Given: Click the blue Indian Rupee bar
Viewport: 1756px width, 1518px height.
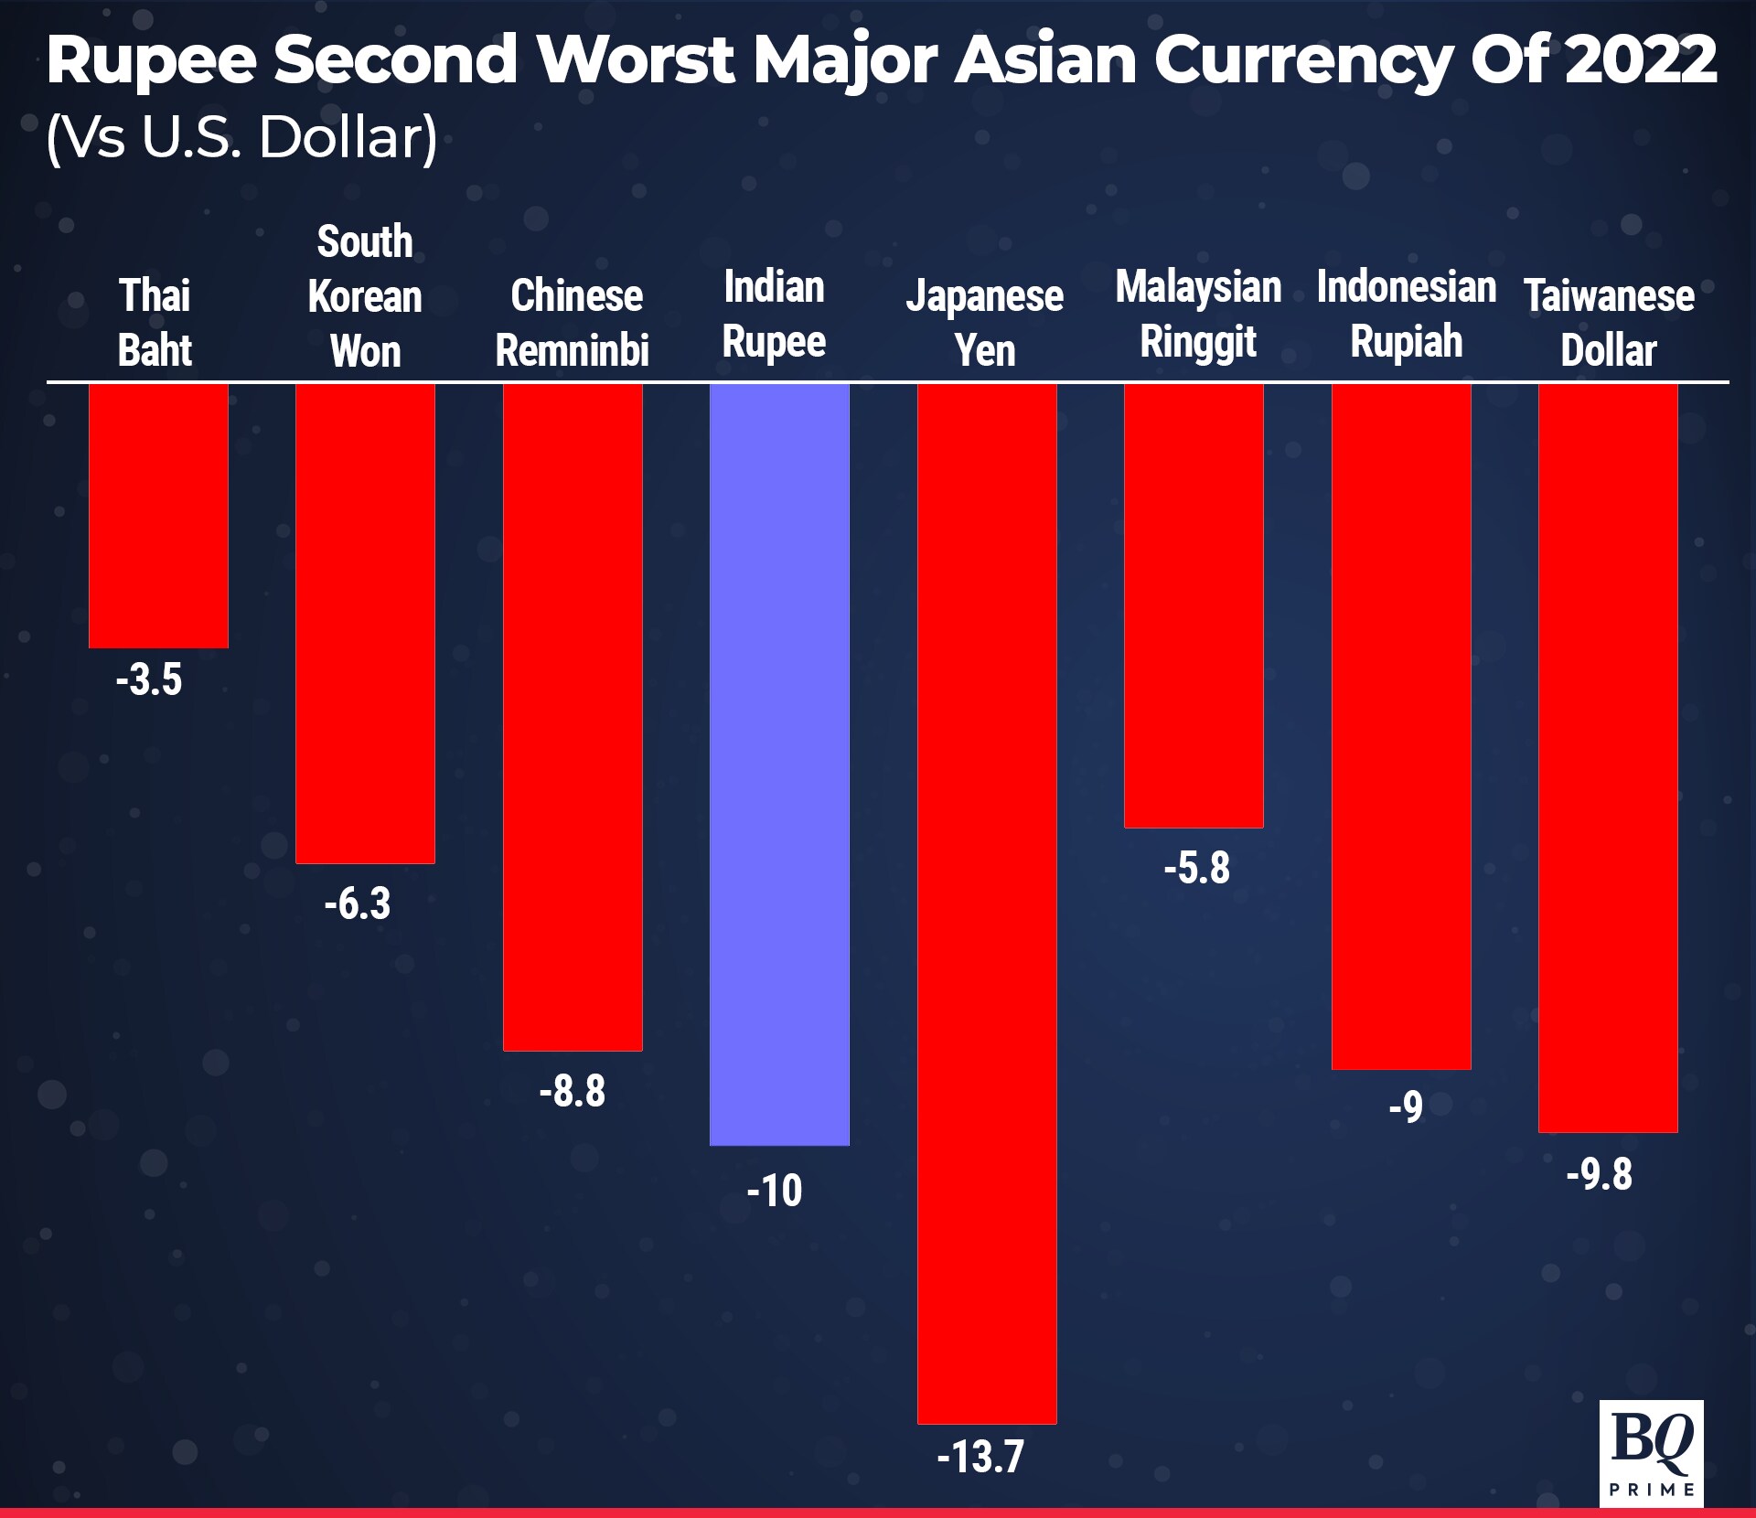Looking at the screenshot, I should pyautogui.click(x=779, y=764).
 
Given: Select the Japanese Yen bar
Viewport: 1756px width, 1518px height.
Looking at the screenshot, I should pyautogui.click(x=987, y=903).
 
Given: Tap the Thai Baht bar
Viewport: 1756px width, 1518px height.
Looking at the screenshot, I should pyautogui.click(x=158, y=515).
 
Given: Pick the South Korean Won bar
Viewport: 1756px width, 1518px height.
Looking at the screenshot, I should pyautogui.click(x=365, y=623).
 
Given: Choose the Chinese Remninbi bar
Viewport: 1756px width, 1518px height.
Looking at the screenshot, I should pyautogui.click(x=573, y=716).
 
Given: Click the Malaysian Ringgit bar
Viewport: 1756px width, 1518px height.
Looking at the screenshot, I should pyautogui.click(x=1194, y=605).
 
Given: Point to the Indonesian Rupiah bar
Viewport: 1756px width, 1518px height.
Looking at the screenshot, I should pyautogui.click(x=1401, y=726).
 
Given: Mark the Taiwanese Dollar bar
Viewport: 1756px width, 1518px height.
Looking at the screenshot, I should pyautogui.click(x=1608, y=757).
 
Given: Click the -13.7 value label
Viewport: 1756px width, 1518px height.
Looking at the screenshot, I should pyautogui.click(x=980, y=1457).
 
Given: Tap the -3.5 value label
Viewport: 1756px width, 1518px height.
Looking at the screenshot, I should pyautogui.click(x=149, y=680).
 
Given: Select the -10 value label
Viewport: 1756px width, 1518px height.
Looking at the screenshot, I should pyautogui.click(x=775, y=1191).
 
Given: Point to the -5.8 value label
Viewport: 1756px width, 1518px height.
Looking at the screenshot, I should pyautogui.click(x=1196, y=868).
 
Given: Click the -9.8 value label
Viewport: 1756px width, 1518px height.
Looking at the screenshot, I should pyautogui.click(x=1600, y=1174).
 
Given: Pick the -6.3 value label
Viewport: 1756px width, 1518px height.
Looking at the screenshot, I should pyautogui.click(x=358, y=903).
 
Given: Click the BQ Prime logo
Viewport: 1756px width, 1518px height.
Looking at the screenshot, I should pyautogui.click(x=1652, y=1453).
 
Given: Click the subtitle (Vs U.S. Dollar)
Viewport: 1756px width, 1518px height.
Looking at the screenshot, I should pyautogui.click(x=241, y=137).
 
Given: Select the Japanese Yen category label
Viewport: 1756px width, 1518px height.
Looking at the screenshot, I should pyautogui.click(x=985, y=323).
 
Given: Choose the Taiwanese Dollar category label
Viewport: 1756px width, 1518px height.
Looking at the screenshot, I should pyautogui.click(x=1609, y=323).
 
